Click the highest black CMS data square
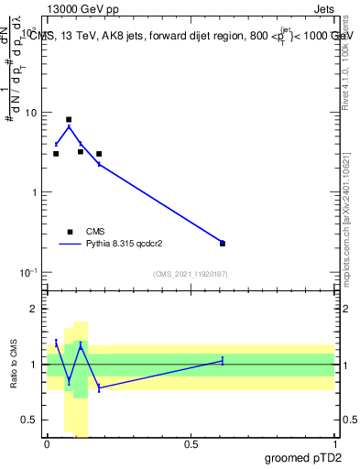pyautogui.click(x=69, y=119)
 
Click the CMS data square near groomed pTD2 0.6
pyautogui.click(x=223, y=244)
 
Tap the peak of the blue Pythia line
pyautogui.click(x=69, y=126)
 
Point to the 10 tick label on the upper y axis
pyautogui.click(x=34, y=113)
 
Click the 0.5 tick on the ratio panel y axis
pyautogui.click(x=33, y=420)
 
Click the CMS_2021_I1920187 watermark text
pyautogui.click(x=190, y=274)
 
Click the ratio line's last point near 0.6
pyautogui.click(x=223, y=361)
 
